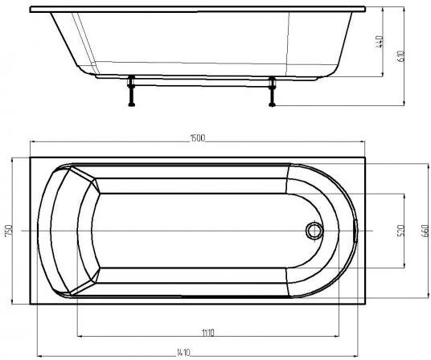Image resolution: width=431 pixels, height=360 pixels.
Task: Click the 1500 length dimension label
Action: [197, 138]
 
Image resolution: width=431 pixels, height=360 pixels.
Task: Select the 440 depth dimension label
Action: [380, 42]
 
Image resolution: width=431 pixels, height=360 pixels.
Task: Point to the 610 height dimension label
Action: [400, 56]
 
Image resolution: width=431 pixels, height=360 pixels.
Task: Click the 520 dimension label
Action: [400, 231]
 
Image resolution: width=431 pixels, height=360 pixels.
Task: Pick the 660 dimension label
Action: [425, 231]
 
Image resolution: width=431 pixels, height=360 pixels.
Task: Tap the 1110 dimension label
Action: [208, 333]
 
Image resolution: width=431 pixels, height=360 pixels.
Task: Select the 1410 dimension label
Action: [183, 352]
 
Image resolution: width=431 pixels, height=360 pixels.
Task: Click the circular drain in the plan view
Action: [314, 231]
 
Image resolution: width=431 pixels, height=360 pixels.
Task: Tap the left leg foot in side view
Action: [132, 104]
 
